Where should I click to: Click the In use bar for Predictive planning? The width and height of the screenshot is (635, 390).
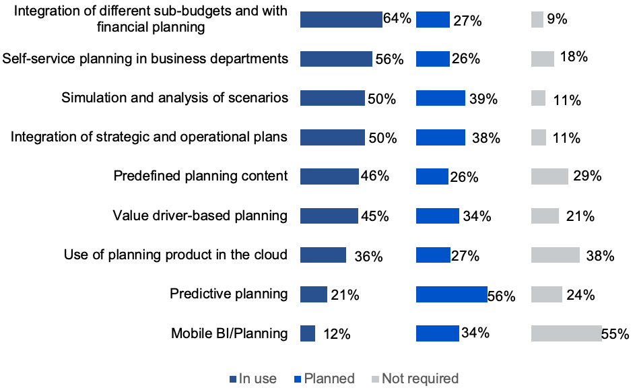click(314, 294)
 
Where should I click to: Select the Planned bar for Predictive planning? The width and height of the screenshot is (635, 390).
click(452, 294)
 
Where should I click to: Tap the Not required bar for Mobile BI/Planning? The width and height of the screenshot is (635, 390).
click(566, 333)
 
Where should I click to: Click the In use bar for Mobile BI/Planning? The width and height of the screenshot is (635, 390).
click(308, 333)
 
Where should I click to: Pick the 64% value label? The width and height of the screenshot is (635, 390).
click(397, 18)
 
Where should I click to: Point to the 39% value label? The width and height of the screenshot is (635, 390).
click(483, 99)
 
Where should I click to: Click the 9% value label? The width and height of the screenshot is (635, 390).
click(557, 20)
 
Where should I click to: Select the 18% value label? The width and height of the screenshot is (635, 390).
click(573, 57)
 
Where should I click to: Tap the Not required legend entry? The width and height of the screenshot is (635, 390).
click(415, 379)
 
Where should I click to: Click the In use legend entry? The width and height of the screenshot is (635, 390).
click(253, 379)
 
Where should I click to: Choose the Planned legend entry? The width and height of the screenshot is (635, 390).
click(324, 379)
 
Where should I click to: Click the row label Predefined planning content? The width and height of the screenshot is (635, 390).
click(201, 176)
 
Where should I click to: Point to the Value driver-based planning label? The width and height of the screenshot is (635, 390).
click(200, 216)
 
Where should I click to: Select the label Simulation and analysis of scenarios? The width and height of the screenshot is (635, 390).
click(175, 98)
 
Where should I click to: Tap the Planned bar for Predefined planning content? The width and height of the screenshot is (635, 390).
click(432, 176)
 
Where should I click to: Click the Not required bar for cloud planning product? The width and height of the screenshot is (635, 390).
click(556, 255)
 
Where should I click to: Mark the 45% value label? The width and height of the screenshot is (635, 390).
click(374, 216)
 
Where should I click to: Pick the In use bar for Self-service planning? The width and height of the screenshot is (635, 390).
click(336, 59)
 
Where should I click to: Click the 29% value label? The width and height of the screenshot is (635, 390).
click(586, 176)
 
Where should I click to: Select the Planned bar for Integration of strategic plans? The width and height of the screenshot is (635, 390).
click(440, 137)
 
